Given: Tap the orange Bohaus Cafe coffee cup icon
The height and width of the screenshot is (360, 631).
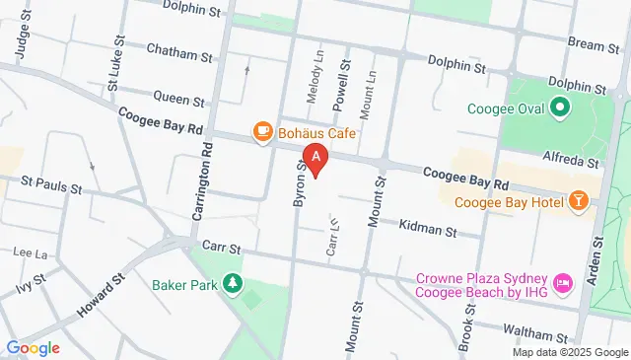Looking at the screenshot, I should (262, 131).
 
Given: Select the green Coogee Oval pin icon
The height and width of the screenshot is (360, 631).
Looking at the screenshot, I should (560, 107).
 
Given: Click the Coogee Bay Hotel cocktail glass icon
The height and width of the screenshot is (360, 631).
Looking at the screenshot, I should (579, 203).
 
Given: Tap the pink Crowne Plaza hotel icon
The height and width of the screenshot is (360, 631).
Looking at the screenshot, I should (564, 284).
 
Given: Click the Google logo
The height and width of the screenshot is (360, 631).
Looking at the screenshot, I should (33, 348).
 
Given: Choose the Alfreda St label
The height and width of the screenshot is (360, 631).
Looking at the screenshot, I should (567, 156).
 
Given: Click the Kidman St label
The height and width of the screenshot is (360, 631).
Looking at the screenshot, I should (428, 228).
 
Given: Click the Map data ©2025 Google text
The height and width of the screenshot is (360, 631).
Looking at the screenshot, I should (569, 352).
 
